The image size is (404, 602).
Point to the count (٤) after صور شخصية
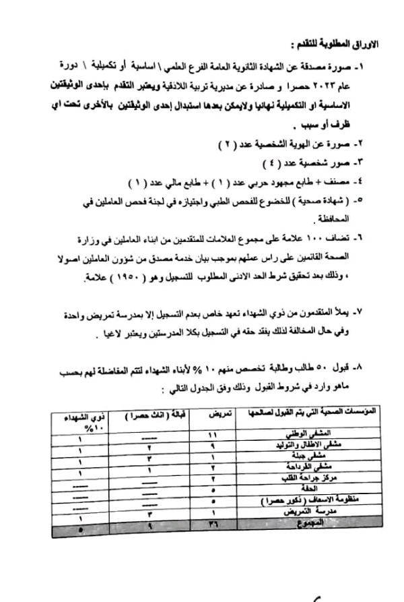point(269,164)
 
